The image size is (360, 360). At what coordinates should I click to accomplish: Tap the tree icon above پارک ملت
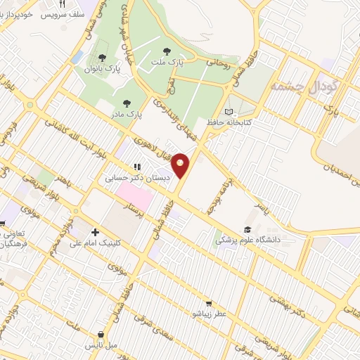coord(167,51)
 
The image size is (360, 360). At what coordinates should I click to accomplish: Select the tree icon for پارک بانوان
coord(103,58)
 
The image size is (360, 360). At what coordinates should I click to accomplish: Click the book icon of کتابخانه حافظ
coord(227,112)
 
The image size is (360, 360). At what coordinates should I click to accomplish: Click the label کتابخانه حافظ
coord(229,122)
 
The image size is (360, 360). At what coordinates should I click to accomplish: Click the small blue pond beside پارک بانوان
coord(77,56)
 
